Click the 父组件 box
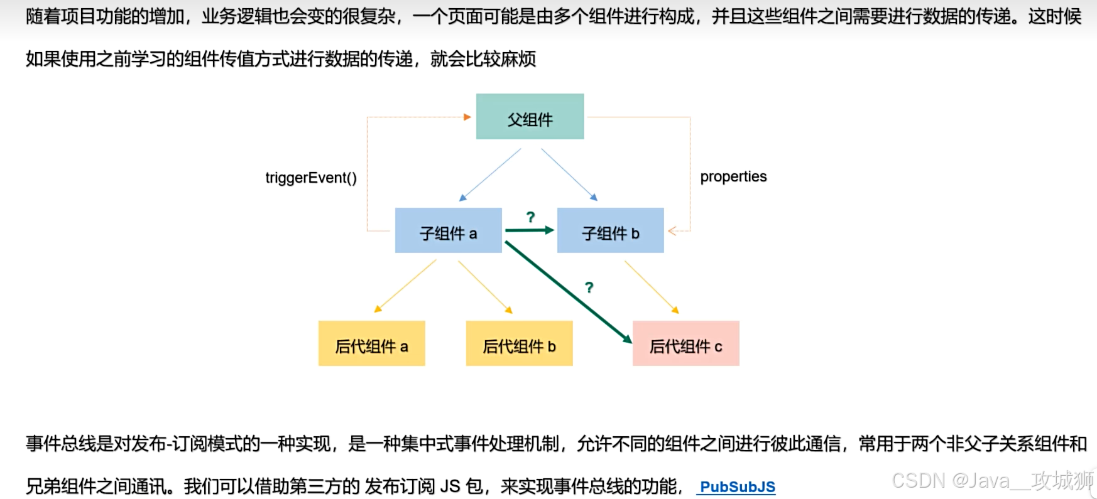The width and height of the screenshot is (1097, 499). (x=530, y=117)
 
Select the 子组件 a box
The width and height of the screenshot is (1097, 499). (x=448, y=230)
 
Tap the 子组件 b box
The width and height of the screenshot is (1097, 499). (x=610, y=230)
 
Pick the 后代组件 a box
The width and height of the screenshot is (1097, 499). (x=371, y=343)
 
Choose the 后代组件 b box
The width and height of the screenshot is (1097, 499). (x=519, y=343)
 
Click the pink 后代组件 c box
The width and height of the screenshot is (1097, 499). (x=685, y=343)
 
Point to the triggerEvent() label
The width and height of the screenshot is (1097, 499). (x=311, y=178)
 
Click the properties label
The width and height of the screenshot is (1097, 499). (x=733, y=176)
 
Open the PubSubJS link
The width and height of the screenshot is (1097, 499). (x=737, y=486)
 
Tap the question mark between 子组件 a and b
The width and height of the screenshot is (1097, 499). (x=530, y=217)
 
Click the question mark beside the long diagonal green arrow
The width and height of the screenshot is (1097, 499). (x=589, y=287)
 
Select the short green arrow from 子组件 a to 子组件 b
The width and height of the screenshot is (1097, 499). (x=529, y=230)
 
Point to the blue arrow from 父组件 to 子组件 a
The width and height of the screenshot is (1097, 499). (x=491, y=174)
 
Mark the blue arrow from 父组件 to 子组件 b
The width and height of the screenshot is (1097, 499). (x=569, y=174)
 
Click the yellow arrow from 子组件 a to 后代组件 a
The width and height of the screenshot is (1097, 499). (x=405, y=286)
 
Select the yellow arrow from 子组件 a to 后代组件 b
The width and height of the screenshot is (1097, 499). (x=485, y=286)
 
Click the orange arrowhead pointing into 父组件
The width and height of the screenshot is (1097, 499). (x=467, y=117)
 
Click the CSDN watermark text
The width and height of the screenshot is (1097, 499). (x=992, y=481)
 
